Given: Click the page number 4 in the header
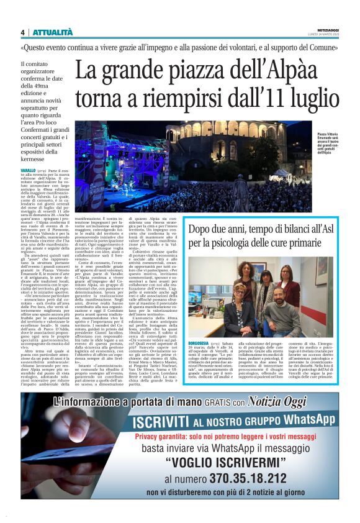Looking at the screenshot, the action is (22, 32).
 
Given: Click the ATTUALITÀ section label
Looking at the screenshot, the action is (53, 32).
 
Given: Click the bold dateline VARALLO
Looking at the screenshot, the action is (28, 170).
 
